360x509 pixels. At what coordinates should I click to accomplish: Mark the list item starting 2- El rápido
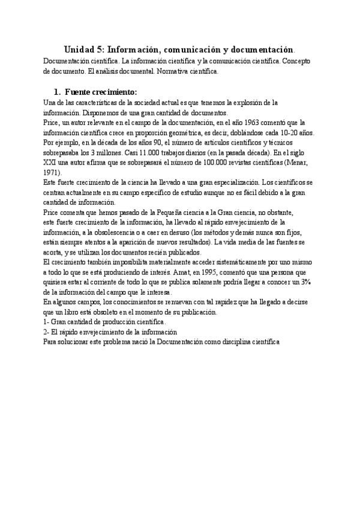[x=110, y=332]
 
